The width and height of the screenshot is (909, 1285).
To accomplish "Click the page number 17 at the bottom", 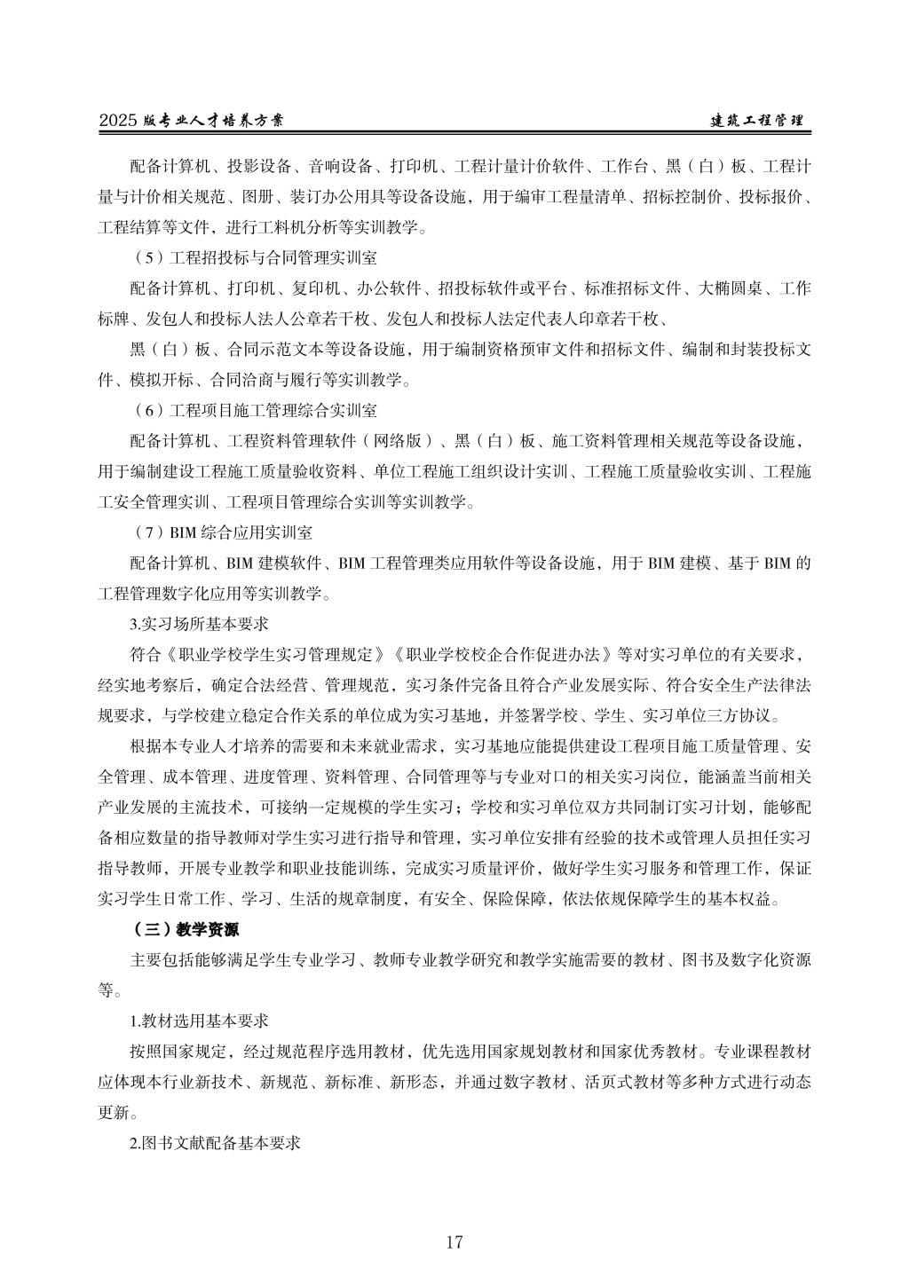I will coord(454,1242).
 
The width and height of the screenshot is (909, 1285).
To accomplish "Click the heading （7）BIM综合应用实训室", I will coord(221,533).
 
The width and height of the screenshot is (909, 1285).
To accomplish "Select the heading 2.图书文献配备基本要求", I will coord(215,1144).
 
